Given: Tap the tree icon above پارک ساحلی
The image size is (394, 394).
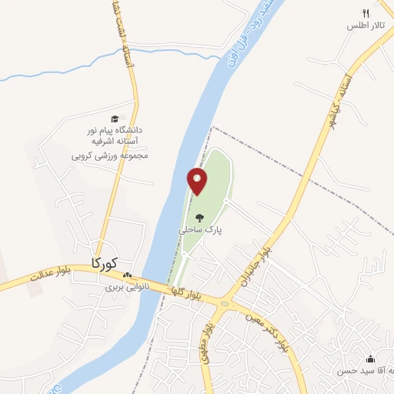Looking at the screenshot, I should (x=199, y=218).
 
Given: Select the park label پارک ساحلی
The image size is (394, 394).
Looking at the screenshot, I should (x=199, y=229).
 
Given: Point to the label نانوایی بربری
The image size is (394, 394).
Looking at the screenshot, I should (x=125, y=288).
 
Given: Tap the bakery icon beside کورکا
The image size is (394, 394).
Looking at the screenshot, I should (x=128, y=275).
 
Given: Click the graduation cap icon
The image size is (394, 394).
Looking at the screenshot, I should (x=115, y=119).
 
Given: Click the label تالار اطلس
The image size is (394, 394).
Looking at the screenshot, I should (x=366, y=26).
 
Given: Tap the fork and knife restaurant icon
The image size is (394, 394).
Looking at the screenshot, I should (x=366, y=13).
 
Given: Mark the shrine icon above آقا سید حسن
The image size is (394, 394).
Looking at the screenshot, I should (x=370, y=359).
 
